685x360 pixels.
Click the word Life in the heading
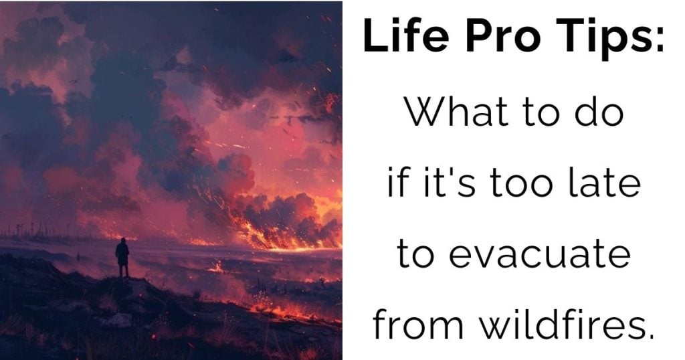click(406, 35)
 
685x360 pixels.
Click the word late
click(605, 182)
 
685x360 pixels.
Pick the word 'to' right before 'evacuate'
click(415, 254)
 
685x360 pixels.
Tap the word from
click(418, 324)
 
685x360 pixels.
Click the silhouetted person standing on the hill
click(122, 258)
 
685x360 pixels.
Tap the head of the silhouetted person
click(123, 240)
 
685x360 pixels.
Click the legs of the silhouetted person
click(124, 270)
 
